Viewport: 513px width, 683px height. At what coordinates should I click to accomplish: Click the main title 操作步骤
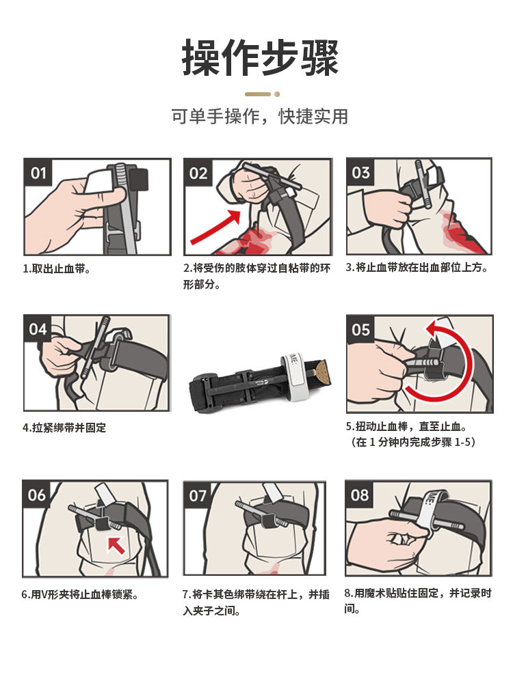tap(260, 58)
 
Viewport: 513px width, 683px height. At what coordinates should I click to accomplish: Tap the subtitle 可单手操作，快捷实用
tap(259, 116)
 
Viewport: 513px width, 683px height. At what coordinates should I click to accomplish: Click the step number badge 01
tap(38, 173)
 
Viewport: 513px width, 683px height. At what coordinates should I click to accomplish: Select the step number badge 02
tap(198, 173)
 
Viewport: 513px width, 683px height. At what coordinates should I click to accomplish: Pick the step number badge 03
tap(360, 173)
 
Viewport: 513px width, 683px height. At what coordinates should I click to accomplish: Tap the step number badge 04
tap(38, 329)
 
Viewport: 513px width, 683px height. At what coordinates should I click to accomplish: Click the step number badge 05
tap(360, 329)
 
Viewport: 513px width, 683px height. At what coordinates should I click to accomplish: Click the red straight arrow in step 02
tap(215, 227)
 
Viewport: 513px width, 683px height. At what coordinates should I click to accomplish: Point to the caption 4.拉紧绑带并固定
tap(64, 428)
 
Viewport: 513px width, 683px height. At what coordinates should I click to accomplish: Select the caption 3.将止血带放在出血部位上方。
tap(417, 268)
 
